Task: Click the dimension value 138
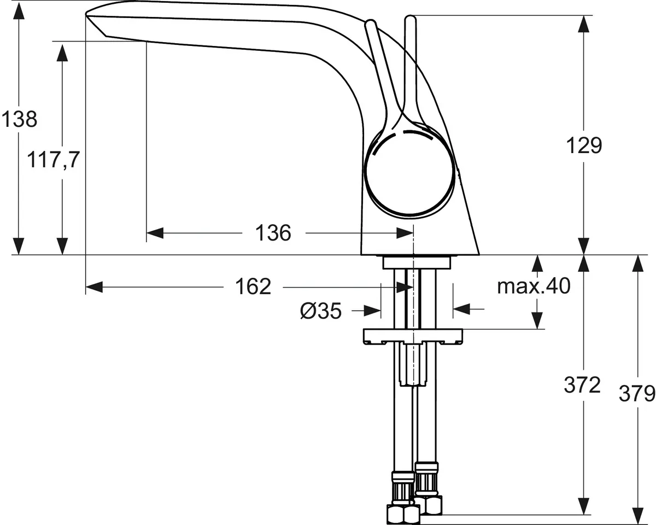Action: click(x=19, y=119)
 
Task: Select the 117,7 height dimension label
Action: click(x=54, y=161)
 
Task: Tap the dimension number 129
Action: click(x=584, y=146)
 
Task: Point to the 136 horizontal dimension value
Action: click(x=273, y=234)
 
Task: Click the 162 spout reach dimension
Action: click(x=253, y=287)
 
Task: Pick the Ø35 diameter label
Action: click(x=321, y=311)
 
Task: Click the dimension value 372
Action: click(x=583, y=386)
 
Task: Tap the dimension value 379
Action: click(x=637, y=393)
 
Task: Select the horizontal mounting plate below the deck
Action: click(x=412, y=336)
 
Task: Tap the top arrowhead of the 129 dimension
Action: click(x=584, y=24)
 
